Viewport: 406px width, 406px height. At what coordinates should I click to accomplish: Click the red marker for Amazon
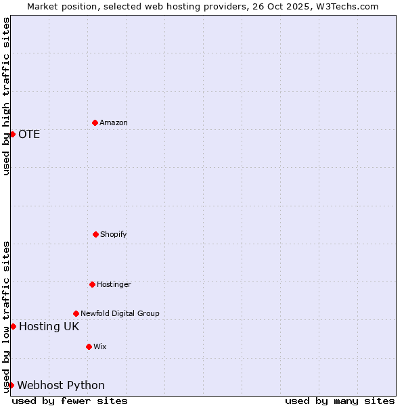pyautogui.click(x=95, y=122)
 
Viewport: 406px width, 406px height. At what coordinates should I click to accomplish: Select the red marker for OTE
pyautogui.click(x=12, y=134)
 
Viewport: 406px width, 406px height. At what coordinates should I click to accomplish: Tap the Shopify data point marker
pyautogui.click(x=95, y=234)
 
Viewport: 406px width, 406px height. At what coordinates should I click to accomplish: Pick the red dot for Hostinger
pyautogui.click(x=92, y=284)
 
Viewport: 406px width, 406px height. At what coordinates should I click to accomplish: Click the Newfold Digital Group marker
pyautogui.click(x=76, y=313)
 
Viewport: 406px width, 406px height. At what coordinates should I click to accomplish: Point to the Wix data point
pyautogui.click(x=89, y=346)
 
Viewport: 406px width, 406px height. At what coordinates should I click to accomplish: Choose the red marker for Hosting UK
pyautogui.click(x=13, y=326)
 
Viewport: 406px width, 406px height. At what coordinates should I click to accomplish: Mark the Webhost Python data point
pyautogui.click(x=11, y=385)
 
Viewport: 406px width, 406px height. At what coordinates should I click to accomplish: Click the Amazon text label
pyautogui.click(x=114, y=122)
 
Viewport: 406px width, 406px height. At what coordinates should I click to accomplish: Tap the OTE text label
pyautogui.click(x=29, y=134)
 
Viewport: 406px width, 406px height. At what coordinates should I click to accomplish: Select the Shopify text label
pyautogui.click(x=114, y=234)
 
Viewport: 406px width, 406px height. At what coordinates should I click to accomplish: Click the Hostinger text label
pyautogui.click(x=114, y=284)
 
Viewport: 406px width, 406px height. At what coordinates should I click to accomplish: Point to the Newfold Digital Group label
pyautogui.click(x=120, y=313)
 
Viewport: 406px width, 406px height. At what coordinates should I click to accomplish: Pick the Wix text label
pyautogui.click(x=100, y=346)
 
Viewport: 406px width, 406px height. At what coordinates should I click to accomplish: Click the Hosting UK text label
pyautogui.click(x=49, y=327)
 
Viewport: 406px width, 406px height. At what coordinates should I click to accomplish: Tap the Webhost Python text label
pyautogui.click(x=61, y=386)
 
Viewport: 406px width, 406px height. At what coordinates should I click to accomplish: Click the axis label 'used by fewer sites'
pyautogui.click(x=70, y=401)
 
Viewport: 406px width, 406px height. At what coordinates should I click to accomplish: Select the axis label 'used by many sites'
pyautogui.click(x=340, y=401)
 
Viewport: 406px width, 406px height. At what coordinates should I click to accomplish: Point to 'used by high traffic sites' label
pyautogui.click(x=6, y=96)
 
